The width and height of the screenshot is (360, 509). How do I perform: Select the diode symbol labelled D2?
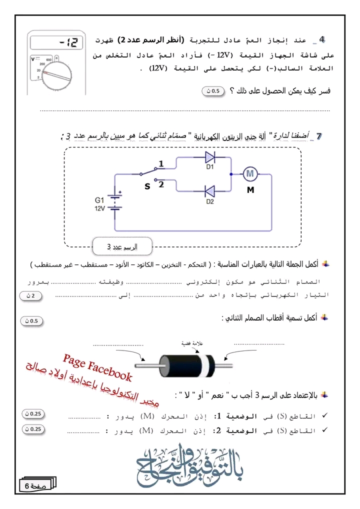(x=210, y=190)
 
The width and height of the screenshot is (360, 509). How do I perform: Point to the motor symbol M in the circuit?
(x=250, y=174)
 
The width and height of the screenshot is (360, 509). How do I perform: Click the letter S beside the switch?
(x=147, y=187)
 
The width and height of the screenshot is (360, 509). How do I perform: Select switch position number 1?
(x=161, y=163)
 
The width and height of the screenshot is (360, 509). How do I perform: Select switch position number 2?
(x=161, y=184)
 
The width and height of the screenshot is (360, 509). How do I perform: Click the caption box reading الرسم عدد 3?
(x=122, y=247)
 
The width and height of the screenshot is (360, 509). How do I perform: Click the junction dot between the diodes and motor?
(x=230, y=174)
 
